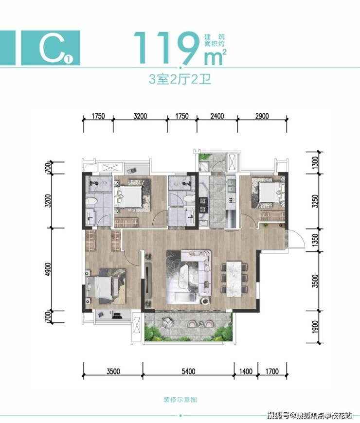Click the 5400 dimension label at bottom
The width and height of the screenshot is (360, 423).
(188, 371)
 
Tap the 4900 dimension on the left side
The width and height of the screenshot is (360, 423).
(48, 269)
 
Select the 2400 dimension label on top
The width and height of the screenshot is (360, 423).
(217, 116)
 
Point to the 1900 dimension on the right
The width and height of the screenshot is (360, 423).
(315, 327)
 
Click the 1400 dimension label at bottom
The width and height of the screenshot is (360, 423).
(246, 371)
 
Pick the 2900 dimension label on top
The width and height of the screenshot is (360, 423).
(262, 116)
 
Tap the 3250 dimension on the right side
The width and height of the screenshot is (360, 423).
(315, 201)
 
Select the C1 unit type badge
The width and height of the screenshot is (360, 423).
(51, 48)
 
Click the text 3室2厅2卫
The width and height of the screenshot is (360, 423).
(180, 79)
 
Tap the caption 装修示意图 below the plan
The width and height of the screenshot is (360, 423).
(180, 400)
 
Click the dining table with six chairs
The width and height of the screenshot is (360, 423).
(234, 279)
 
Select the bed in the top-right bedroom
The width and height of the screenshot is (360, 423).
(269, 192)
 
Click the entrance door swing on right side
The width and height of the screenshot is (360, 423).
(296, 239)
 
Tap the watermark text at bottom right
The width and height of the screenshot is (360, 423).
(309, 414)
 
